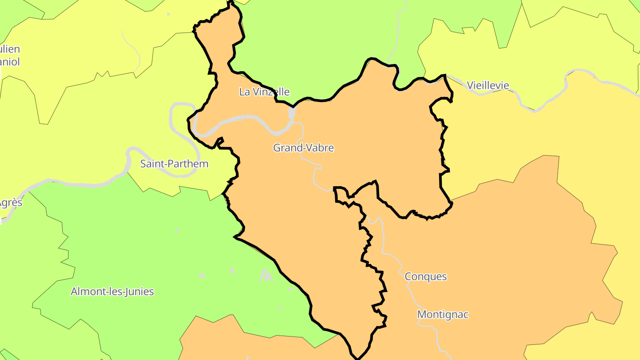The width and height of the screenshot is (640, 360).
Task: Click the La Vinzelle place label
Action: [264, 92]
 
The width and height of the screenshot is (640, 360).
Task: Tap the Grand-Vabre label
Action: [303, 148]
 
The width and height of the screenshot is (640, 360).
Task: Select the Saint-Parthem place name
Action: [174, 164]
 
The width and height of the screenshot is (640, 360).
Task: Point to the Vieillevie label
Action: [488, 85]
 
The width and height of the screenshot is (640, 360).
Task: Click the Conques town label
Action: [425, 276]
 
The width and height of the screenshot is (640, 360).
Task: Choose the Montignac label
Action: [443, 315]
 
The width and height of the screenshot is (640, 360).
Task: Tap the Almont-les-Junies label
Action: [112, 292]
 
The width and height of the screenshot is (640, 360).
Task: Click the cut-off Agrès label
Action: [11, 203]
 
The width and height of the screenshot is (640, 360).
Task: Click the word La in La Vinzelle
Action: [244, 92]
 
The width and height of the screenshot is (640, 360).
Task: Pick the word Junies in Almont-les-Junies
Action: [140, 292]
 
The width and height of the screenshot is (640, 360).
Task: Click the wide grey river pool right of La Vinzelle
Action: [292, 113]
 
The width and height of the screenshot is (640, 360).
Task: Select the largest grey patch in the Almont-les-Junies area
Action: [266, 276]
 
